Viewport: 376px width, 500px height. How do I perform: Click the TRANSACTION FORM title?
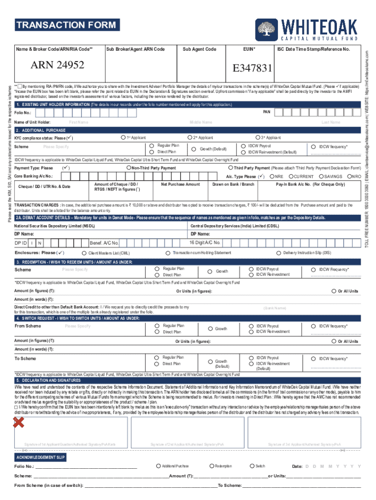[x=66, y=25]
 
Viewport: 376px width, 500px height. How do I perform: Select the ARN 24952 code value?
[x=57, y=65]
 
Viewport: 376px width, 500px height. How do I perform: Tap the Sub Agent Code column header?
[x=199, y=49]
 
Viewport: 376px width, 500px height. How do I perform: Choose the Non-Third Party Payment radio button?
[x=128, y=168]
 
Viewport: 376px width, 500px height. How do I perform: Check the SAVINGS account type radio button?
[x=321, y=176]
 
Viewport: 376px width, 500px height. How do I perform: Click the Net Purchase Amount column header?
[x=180, y=184]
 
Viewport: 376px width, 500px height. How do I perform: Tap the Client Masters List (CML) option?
[x=84, y=253]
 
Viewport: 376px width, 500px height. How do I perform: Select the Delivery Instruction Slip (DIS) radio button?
[x=279, y=253]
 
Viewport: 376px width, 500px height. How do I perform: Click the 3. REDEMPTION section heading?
[x=73, y=262]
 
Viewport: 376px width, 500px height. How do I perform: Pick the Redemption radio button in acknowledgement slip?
[x=211, y=466]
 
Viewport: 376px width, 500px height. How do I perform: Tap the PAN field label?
[x=267, y=112]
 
